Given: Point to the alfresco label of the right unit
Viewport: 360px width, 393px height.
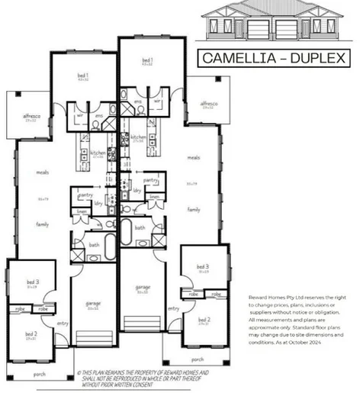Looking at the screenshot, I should click(x=207, y=103).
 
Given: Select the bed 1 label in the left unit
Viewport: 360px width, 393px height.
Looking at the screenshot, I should click(x=82, y=76).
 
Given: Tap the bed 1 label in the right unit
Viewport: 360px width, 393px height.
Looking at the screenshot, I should click(x=147, y=60).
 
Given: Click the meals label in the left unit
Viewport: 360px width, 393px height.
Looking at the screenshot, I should click(x=43, y=172).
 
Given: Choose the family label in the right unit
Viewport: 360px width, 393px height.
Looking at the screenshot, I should click(x=194, y=208).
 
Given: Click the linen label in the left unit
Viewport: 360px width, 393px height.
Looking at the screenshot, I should click(x=82, y=211).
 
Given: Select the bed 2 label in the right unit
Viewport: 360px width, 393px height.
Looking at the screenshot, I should click(x=204, y=320).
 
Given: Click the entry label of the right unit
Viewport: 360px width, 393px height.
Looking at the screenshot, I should click(x=174, y=308).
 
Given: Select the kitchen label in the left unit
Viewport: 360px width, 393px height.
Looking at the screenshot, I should click(x=98, y=153).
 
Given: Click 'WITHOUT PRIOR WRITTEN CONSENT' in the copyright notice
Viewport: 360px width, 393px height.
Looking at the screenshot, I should click(x=116, y=385).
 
